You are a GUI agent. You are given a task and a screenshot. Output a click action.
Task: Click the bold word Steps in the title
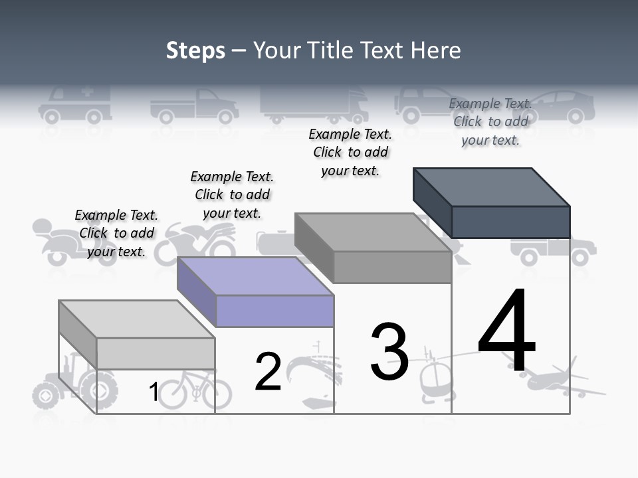click(195, 50)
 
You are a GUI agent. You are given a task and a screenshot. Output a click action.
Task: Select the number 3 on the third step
click(389, 352)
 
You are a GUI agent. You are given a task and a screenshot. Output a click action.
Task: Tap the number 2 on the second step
click(268, 372)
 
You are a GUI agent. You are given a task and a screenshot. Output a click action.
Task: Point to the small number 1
click(154, 392)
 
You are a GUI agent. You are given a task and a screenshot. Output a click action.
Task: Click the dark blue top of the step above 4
click(492, 187)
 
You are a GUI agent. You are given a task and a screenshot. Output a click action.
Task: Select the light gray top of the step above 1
click(137, 319)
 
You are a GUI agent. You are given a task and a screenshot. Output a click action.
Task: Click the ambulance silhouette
click(74, 106)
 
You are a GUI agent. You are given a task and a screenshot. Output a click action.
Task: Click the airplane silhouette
click(558, 380)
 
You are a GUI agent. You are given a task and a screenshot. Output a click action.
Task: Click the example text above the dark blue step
click(490, 121)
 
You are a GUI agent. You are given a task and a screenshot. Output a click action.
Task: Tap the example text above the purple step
click(232, 195)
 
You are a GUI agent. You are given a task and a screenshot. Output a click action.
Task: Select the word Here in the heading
click(436, 50)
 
